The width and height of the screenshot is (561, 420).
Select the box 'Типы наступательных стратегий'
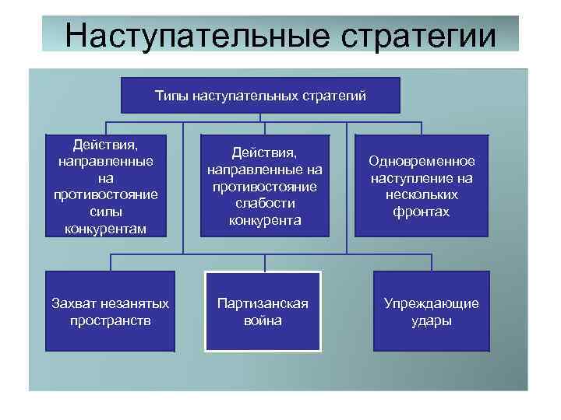260,96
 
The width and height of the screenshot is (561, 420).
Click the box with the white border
263,311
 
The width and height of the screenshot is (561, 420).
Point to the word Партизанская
263,303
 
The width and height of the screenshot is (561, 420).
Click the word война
263,320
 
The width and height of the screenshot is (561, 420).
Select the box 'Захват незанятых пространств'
109,311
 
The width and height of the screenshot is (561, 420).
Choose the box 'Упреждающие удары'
431,311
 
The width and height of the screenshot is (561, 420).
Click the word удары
431,320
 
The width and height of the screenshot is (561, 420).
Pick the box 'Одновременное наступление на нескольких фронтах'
422,186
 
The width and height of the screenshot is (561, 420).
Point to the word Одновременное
422,161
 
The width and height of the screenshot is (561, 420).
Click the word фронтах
422,212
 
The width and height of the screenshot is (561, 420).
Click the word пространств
109,320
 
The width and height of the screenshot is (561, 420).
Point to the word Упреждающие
431,303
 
